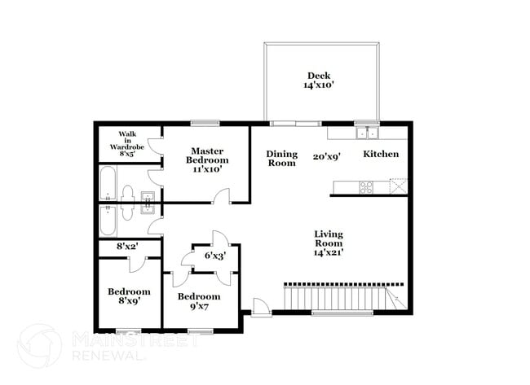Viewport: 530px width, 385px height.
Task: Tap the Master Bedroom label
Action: [208, 155]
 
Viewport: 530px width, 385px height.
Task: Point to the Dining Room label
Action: [281, 158]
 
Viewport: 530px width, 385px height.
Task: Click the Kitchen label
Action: [381, 154]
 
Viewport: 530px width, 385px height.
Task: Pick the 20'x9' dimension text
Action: [328, 157]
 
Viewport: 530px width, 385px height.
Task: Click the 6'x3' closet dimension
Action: [214, 256]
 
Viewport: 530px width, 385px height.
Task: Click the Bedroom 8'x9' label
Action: [129, 295]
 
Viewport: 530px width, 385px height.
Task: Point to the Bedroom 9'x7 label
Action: [199, 301]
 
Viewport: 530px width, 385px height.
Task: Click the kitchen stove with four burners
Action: [366, 186]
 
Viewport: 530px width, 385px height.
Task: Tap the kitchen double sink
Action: [367, 132]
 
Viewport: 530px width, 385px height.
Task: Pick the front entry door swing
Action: [260, 307]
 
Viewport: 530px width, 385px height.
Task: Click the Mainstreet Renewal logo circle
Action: [38, 345]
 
